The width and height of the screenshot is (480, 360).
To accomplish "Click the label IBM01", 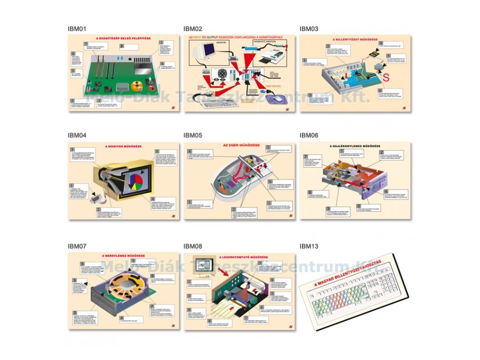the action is click(x=77, y=29).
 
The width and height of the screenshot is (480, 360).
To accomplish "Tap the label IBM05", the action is click(x=193, y=135).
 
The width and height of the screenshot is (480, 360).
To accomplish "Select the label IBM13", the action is click(x=309, y=245).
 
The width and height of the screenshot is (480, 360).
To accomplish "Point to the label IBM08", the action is click(x=193, y=245).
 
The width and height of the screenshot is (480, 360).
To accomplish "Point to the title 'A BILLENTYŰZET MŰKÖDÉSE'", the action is click(x=355, y=40).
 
